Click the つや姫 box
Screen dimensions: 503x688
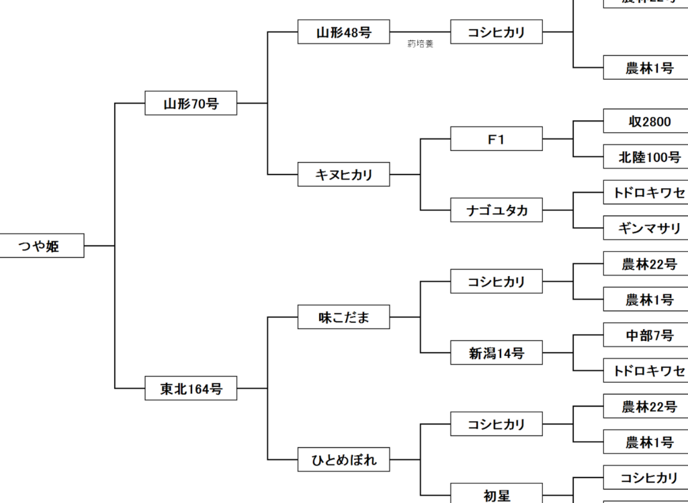pyautogui.click(x=42, y=246)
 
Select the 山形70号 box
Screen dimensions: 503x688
pyautogui.click(x=191, y=103)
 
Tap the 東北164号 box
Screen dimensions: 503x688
pyautogui.click(x=191, y=388)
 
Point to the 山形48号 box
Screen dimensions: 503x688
pyautogui.click(x=343, y=32)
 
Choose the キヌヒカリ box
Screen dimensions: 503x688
pyautogui.click(x=343, y=175)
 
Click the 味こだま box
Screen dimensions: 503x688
pyautogui.click(x=343, y=317)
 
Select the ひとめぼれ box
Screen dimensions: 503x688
pyautogui.click(x=343, y=460)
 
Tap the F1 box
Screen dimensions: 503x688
pyautogui.click(x=496, y=139)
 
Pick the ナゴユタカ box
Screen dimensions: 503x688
pyautogui.click(x=496, y=210)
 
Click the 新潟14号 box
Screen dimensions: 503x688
pyautogui.click(x=496, y=353)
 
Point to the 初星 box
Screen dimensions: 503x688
pyautogui.click(x=496, y=494)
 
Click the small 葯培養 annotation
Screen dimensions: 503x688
pyautogui.click(x=420, y=44)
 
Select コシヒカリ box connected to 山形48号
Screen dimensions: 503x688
pyautogui.click(x=496, y=32)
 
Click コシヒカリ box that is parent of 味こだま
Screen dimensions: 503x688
pyautogui.click(x=496, y=281)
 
